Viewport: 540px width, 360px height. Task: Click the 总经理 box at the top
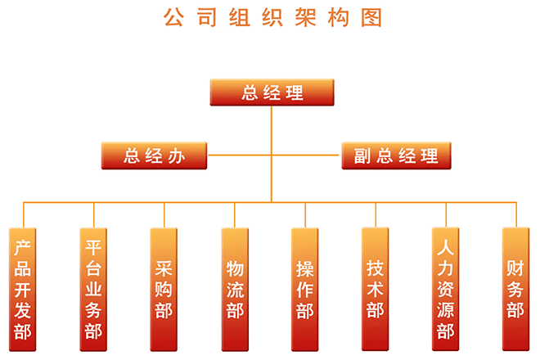tap(272, 92)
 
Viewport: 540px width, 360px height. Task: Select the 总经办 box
tap(154, 155)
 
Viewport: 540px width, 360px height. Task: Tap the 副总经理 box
tap(396, 155)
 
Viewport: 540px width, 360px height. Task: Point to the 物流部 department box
tap(235, 288)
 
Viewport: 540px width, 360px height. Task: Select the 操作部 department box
tap(305, 288)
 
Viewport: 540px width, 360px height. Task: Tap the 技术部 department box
tap(376, 288)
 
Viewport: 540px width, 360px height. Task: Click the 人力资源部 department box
tap(446, 288)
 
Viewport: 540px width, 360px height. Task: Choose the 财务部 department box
tap(515, 288)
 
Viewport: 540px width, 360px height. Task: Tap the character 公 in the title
tap(173, 17)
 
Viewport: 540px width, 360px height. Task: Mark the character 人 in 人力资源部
tap(446, 247)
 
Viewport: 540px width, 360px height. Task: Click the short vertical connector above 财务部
tap(516, 214)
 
